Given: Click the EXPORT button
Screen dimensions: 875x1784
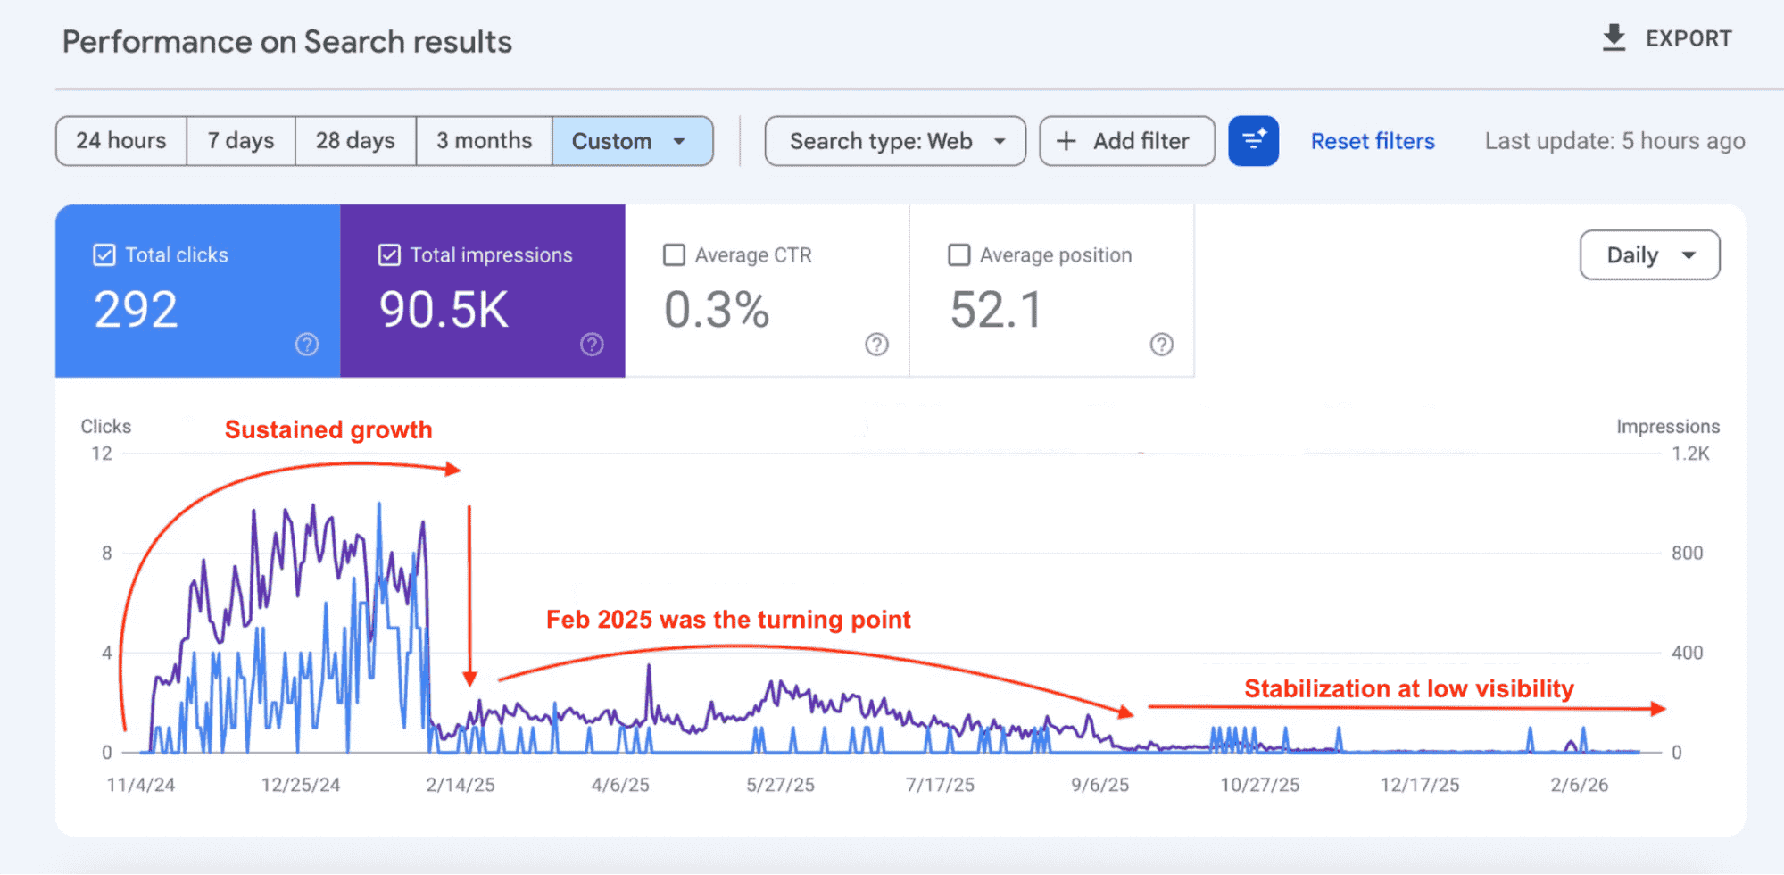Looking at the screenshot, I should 1666,38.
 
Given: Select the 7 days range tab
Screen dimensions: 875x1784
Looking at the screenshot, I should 241,141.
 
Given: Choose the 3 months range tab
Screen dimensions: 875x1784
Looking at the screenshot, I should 484,141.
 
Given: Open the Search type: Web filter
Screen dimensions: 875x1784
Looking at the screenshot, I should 895,141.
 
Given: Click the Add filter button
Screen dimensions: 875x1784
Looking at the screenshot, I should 1126,141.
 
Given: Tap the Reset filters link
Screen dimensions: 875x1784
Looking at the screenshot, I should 1372,141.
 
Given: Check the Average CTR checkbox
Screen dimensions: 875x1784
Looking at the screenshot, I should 675,255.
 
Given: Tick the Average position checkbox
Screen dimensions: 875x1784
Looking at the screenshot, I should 959,255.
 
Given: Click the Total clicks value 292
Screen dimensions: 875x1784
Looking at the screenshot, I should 137,310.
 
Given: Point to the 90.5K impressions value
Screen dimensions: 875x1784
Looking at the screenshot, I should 444,310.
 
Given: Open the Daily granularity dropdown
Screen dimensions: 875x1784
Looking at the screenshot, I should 1649,255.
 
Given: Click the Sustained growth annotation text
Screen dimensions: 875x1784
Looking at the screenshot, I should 328,429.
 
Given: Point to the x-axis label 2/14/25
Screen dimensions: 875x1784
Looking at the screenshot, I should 460,785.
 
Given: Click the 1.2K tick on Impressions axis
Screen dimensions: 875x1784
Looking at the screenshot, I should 1690,454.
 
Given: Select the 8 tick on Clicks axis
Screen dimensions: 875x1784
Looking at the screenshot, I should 107,554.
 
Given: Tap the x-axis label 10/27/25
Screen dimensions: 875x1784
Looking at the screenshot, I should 1259,785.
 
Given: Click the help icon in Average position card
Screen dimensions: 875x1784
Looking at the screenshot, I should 1161,345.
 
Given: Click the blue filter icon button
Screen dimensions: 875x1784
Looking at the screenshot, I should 1253,141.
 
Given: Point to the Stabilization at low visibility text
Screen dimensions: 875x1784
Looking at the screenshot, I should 1408,688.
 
